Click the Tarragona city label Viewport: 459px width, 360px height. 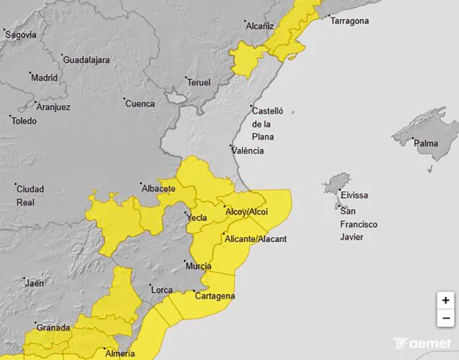(350, 21)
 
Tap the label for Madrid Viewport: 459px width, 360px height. (44, 78)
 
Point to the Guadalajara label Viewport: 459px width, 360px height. (87, 60)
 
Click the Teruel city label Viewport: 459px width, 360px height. (199, 83)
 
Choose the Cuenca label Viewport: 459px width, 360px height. (140, 104)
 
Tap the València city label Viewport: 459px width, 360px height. (248, 151)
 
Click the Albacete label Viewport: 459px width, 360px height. (159, 188)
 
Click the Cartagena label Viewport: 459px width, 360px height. (215, 296)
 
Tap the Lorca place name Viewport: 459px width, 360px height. (161, 290)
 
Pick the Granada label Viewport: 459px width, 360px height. (53, 327)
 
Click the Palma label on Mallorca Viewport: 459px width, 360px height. (426, 143)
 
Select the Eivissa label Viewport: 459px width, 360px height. (355, 196)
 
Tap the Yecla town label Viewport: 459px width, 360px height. (197, 217)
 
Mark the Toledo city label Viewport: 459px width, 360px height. (24, 121)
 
